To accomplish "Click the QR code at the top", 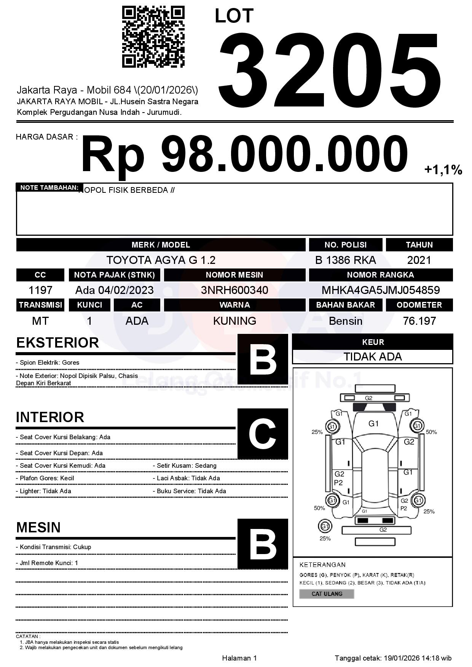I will click(x=153, y=37).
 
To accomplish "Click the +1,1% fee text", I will click(x=443, y=170).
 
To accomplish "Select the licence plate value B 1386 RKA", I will click(x=345, y=260).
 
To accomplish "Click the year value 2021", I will click(x=419, y=260).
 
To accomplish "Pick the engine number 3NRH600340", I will click(x=234, y=290).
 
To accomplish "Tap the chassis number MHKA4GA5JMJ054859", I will click(x=381, y=290).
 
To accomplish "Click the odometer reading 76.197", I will click(x=419, y=321).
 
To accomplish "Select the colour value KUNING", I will click(x=234, y=321).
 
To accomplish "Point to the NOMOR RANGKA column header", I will click(x=381, y=275).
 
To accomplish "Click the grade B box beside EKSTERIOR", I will click(x=263, y=359).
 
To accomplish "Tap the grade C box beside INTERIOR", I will click(x=263, y=434).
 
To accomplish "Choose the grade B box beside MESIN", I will click(x=263, y=544).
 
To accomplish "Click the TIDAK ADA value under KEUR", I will click(x=373, y=357).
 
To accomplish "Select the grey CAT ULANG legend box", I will click(x=327, y=594).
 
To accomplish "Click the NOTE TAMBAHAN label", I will click(x=49, y=187).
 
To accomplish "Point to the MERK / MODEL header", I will click(x=161, y=245).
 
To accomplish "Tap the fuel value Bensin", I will click(x=345, y=321).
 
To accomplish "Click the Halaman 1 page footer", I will click(x=239, y=658).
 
